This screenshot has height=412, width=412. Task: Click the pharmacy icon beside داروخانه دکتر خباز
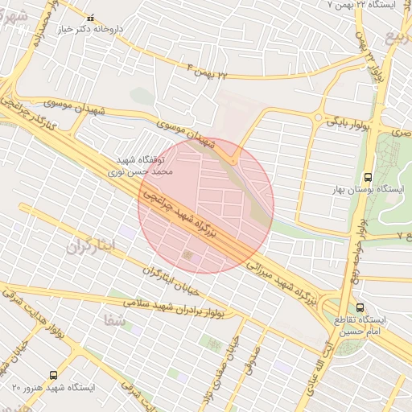click(x=90, y=18)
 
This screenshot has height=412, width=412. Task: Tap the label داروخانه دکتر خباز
click(x=89, y=30)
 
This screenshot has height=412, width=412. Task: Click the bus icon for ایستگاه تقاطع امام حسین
click(x=360, y=307)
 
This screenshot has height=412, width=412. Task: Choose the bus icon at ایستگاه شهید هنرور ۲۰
click(x=53, y=374)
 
